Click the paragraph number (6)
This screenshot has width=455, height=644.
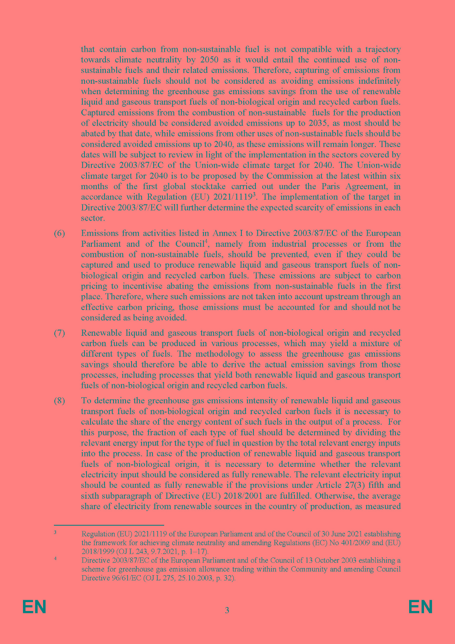(60, 233)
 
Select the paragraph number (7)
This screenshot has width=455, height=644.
(60, 333)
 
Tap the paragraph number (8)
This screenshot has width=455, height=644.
(60, 400)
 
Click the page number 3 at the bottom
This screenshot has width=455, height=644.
(227, 610)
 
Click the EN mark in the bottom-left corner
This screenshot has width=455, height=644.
(34, 607)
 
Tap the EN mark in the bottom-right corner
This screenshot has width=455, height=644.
(420, 607)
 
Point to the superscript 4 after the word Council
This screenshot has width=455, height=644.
(206, 242)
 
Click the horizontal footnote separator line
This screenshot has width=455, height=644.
(109, 525)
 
